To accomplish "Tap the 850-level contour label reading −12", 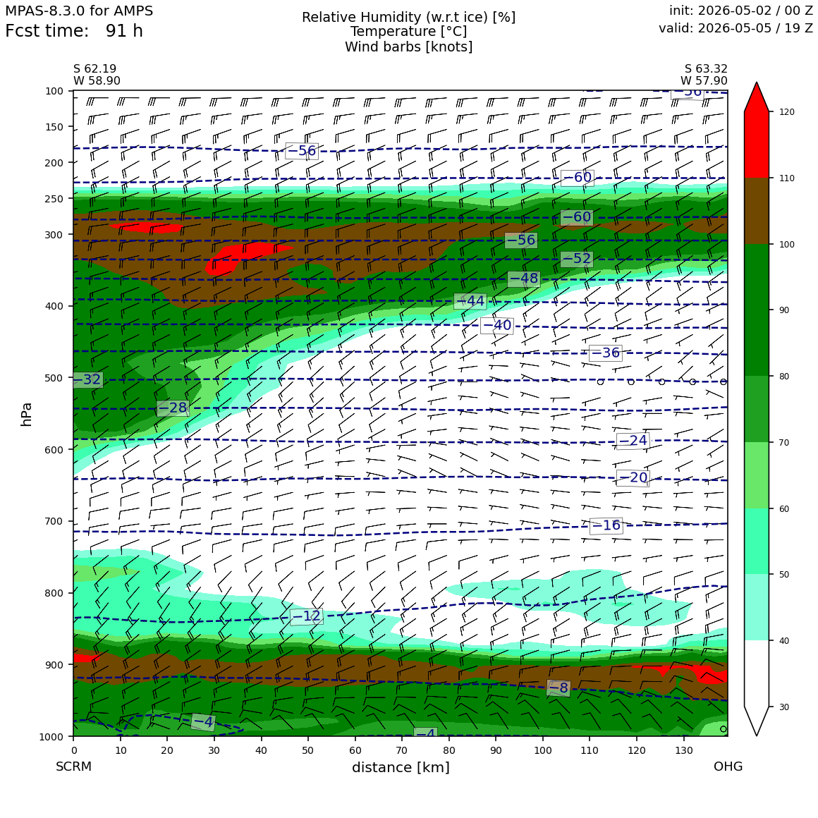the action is (x=307, y=616).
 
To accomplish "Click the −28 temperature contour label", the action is (x=173, y=408).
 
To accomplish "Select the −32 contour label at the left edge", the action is (x=87, y=379).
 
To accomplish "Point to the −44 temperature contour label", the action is (x=470, y=301).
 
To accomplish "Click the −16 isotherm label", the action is (x=606, y=525).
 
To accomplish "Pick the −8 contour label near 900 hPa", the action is (x=558, y=688).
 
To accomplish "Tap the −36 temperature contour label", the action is (x=605, y=353).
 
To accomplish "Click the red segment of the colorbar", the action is (x=757, y=145).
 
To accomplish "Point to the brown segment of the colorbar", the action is (x=757, y=212).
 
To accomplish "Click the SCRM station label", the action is (x=73, y=767).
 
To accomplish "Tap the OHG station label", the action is (x=728, y=767).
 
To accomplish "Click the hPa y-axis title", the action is (x=27, y=414).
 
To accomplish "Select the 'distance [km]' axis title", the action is (x=401, y=767).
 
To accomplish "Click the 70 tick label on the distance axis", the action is (x=402, y=751).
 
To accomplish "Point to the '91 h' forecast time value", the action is (x=124, y=31).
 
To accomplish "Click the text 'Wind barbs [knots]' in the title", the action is (x=409, y=47).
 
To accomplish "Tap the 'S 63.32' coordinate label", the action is (x=706, y=69).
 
